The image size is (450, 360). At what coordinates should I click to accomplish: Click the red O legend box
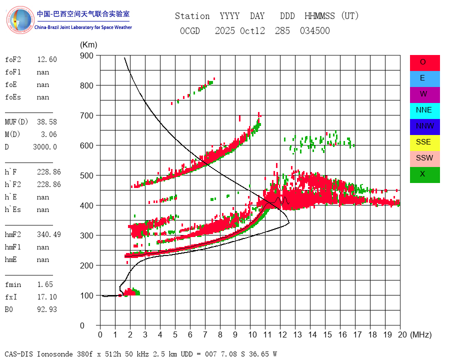point(424,62)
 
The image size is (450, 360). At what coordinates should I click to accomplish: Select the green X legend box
point(424,174)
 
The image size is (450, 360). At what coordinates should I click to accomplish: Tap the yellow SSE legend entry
point(424,142)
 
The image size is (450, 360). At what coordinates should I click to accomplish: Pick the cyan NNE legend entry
point(424,110)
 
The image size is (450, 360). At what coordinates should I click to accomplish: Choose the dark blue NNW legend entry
point(424,126)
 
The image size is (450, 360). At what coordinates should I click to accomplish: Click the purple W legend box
point(424,94)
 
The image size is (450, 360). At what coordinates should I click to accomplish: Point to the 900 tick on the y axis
point(86,55)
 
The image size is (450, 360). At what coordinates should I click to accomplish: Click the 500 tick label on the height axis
point(86,175)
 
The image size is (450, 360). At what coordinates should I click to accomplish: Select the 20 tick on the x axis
point(399,334)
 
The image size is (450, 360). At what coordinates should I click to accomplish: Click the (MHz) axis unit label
point(420,334)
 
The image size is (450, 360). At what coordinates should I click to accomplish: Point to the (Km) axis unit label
point(88,45)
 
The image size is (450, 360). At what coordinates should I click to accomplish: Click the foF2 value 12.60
point(46,59)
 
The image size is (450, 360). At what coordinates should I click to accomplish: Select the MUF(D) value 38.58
point(46,122)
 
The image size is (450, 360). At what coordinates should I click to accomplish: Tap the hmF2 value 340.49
point(48,234)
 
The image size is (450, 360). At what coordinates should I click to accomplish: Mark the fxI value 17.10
point(46,297)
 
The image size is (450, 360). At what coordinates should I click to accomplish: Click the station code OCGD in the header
point(189,31)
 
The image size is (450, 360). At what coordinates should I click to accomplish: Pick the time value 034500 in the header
point(314,31)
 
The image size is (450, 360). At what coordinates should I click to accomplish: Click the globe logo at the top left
point(19,20)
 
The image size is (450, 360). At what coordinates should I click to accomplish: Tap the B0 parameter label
point(10,309)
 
